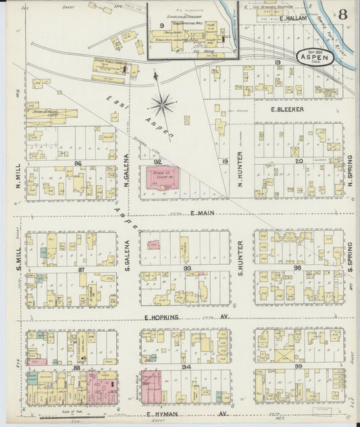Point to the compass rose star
163,105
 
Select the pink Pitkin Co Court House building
161,179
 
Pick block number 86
78,164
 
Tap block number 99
299,366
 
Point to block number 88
76,368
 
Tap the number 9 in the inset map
161,25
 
